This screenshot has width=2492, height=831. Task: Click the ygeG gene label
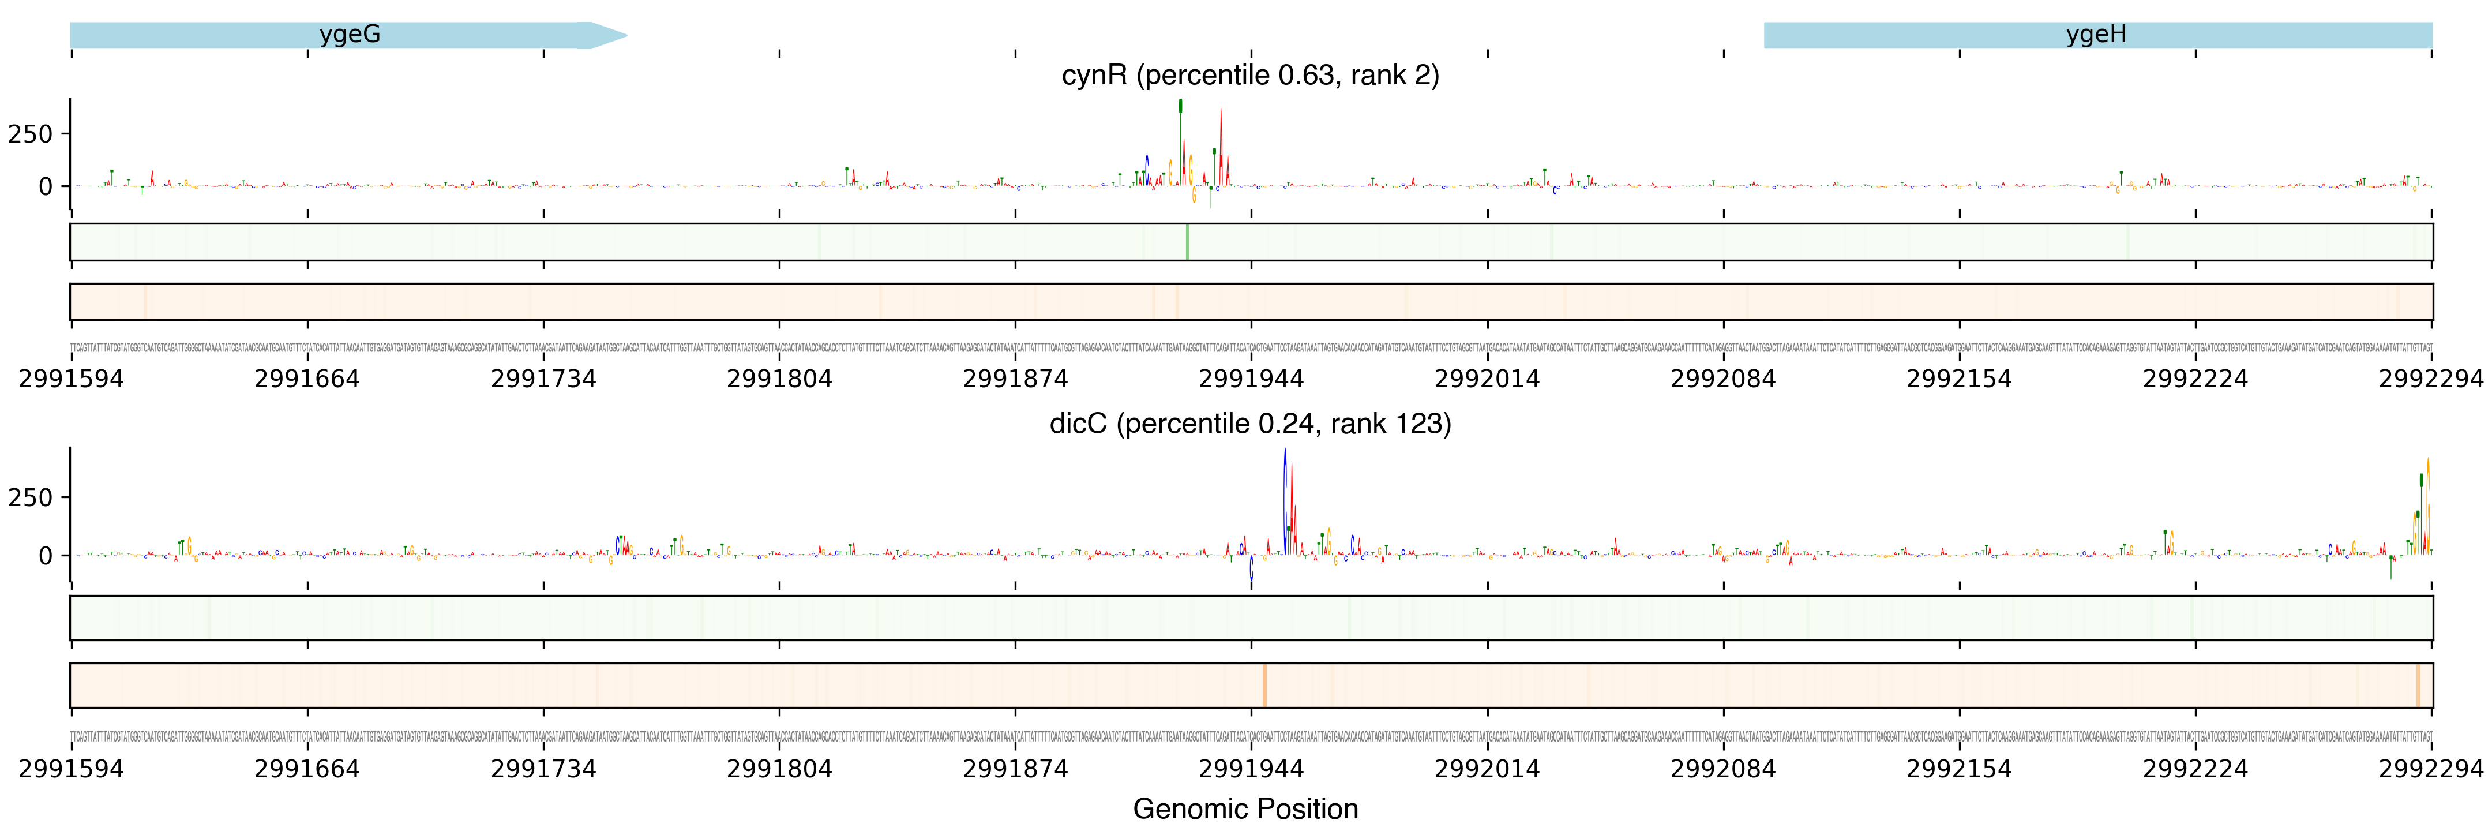coord(349,35)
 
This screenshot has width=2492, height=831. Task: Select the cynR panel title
coord(1250,76)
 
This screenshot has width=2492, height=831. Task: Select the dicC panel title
coord(1250,424)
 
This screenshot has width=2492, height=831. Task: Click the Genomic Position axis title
coord(1245,808)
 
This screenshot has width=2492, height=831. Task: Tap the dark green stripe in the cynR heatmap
coord(1187,242)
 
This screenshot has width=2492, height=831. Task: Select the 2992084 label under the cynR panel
coord(1723,379)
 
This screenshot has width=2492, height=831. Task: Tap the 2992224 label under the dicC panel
coord(2195,769)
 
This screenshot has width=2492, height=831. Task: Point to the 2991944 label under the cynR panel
coord(1251,379)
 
